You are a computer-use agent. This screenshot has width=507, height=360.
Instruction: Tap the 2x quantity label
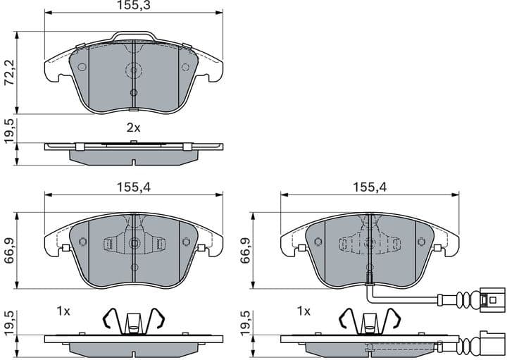tap(134, 128)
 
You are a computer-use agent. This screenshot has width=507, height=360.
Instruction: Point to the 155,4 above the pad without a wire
tap(134, 187)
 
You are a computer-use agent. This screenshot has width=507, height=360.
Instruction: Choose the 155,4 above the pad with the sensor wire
tap(370, 187)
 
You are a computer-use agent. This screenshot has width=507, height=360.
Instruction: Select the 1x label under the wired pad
tap(303, 310)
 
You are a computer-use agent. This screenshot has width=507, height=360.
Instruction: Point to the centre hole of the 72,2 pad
tap(134, 70)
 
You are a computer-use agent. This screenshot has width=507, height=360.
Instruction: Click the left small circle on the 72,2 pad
tap(82, 68)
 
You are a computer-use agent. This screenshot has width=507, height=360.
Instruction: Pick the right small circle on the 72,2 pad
tap(186, 68)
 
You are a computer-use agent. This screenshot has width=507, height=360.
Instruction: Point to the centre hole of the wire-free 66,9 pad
tap(134, 244)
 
